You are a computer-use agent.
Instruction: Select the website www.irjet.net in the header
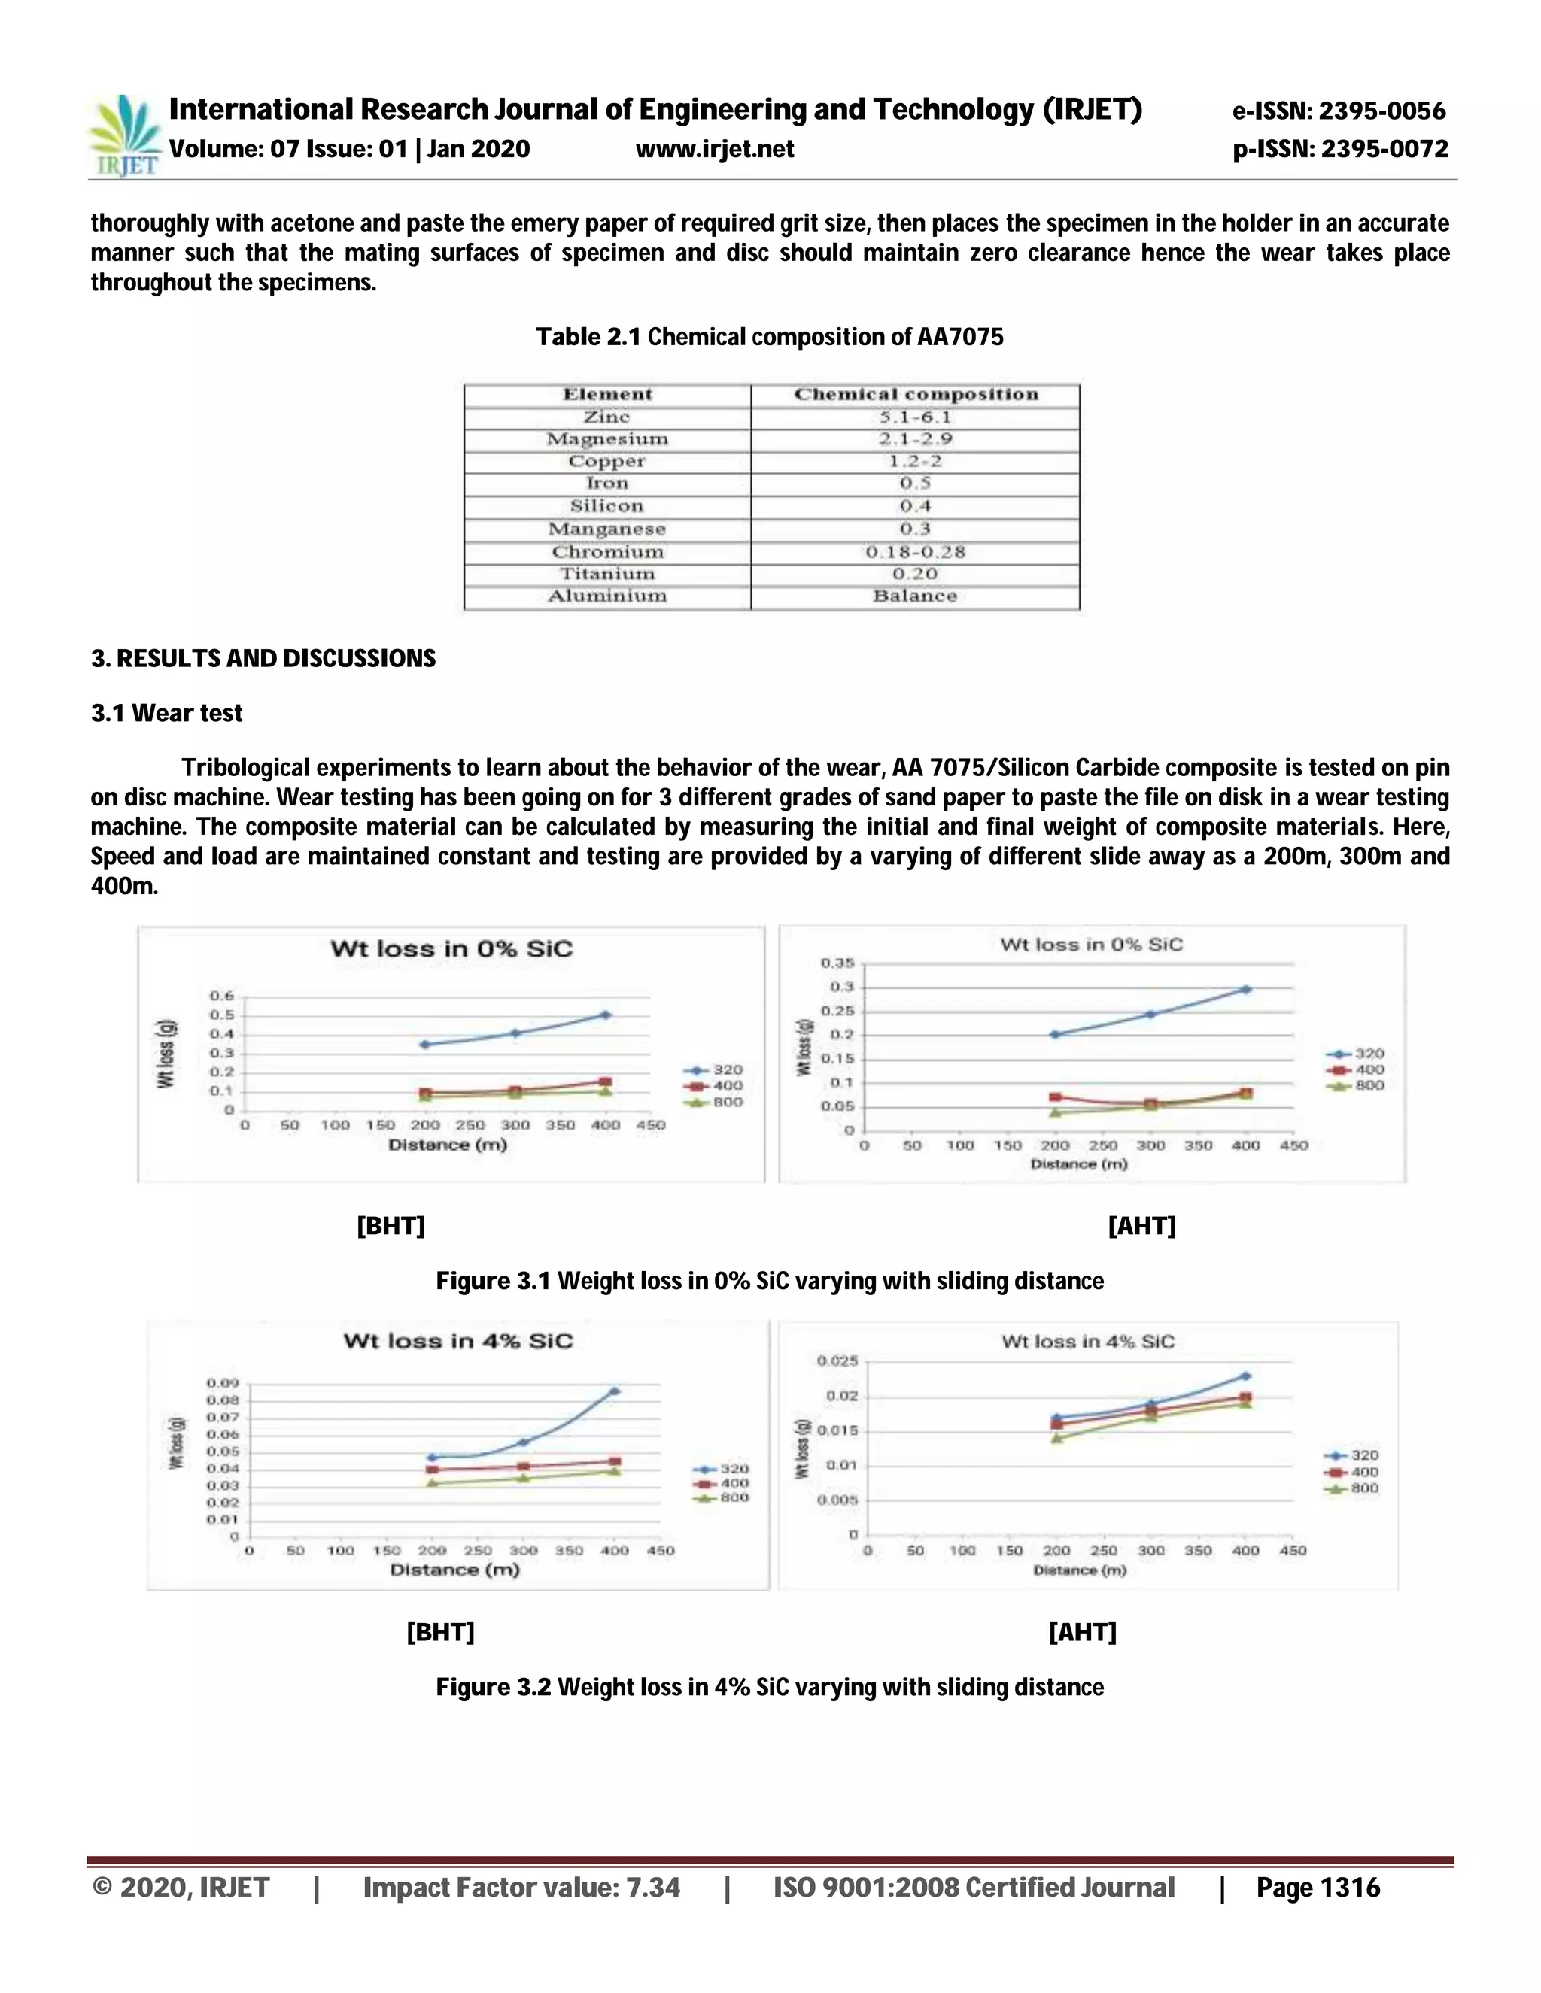[715, 149]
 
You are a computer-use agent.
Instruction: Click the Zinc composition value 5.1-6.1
[915, 417]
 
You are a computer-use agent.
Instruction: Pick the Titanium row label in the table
[607, 574]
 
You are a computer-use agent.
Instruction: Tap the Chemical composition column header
[916, 394]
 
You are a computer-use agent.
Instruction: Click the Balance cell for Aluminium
[915, 596]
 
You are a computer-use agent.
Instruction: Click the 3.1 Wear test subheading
[166, 714]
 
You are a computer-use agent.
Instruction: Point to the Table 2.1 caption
[770, 338]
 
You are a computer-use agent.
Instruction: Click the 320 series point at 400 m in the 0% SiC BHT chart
[605, 1015]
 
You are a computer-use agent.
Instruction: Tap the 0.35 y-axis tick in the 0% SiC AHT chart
[837, 963]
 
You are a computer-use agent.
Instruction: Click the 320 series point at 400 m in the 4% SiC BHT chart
[615, 1391]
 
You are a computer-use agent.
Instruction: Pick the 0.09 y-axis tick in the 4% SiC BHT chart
[222, 1382]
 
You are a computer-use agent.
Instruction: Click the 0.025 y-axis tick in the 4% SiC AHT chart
[837, 1361]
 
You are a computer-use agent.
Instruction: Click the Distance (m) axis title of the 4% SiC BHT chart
[454, 1570]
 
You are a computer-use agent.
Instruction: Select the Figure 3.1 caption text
[770, 1282]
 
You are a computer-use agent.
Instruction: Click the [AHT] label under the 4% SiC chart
[1082, 1632]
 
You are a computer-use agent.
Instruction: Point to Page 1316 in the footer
[1318, 1887]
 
